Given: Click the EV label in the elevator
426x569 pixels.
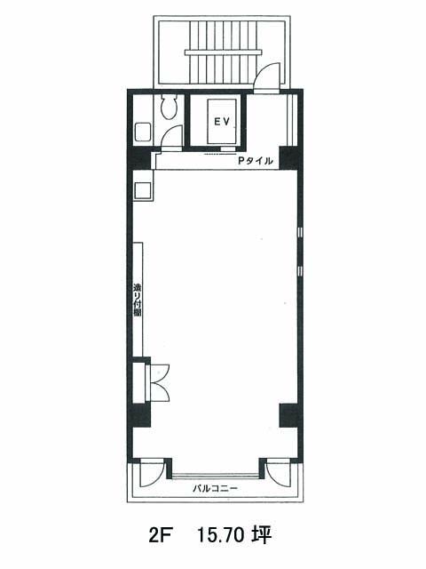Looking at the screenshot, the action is coord(222,122).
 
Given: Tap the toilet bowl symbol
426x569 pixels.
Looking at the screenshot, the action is coord(170,108).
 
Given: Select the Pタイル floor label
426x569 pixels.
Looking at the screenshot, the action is coord(255,161).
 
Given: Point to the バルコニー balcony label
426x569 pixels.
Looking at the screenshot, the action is coord(215,488).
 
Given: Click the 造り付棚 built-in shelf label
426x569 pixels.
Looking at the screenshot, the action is coord(138,300).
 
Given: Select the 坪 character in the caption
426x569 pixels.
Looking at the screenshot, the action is coord(262,535).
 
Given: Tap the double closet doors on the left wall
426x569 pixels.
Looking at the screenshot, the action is coord(160,382).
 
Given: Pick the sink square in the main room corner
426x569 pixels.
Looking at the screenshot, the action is coord(143,190).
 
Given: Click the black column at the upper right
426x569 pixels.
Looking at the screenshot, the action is coord(290,158).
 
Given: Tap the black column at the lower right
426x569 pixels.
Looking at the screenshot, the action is coord(290,415).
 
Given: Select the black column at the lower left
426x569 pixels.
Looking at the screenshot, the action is coord(140,415).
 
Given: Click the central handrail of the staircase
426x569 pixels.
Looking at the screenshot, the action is coord(224,52).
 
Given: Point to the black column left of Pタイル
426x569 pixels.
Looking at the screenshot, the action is coord(141,158).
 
